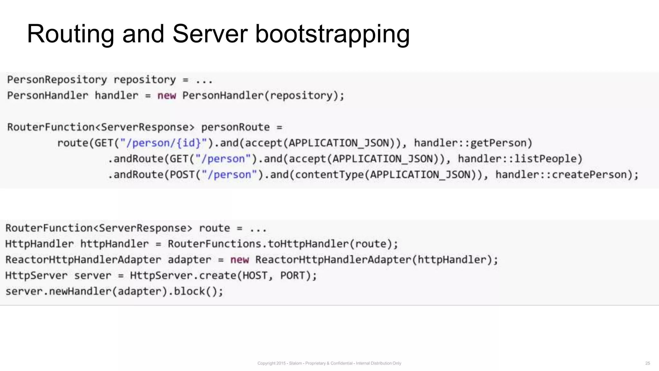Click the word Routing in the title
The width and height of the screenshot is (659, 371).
pos(70,34)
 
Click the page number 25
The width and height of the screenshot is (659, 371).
pos(647,363)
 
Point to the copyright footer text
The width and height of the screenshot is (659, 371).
pos(329,363)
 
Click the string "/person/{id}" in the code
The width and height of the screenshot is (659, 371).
pos(163,143)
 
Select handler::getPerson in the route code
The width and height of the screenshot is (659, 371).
pos(473,143)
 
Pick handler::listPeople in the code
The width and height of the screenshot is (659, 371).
pos(520,158)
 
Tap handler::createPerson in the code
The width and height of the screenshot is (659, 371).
pos(567,175)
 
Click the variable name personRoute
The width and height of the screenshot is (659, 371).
pos(235,127)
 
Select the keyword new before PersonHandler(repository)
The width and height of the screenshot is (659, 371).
pos(166,96)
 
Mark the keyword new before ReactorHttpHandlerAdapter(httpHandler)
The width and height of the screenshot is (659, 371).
pos(239,260)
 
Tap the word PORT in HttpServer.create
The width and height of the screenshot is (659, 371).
pos(292,275)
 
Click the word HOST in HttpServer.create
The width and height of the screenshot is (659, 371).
pos(255,275)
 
